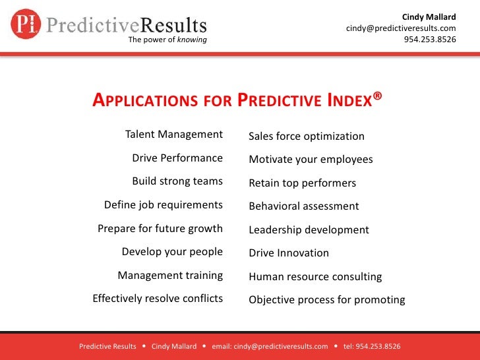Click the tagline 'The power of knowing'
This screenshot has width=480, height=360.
click(x=167, y=40)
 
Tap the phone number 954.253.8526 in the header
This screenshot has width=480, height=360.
click(x=429, y=39)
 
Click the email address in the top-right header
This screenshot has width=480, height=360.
click(x=401, y=28)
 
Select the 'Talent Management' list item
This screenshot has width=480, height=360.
click(x=174, y=135)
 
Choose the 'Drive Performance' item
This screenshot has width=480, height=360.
click(x=177, y=158)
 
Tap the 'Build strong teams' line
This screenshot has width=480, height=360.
click(x=177, y=181)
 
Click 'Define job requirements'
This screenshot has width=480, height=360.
click(x=164, y=205)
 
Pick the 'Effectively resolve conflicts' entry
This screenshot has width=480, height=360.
click(x=158, y=299)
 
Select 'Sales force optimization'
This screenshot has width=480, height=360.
click(x=307, y=136)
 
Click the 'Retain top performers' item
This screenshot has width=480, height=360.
click(x=302, y=183)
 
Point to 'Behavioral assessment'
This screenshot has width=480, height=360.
click(x=304, y=206)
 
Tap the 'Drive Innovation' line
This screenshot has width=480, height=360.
click(x=289, y=253)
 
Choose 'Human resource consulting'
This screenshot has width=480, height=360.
click(x=315, y=277)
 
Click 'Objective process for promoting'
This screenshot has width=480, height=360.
click(x=327, y=300)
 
